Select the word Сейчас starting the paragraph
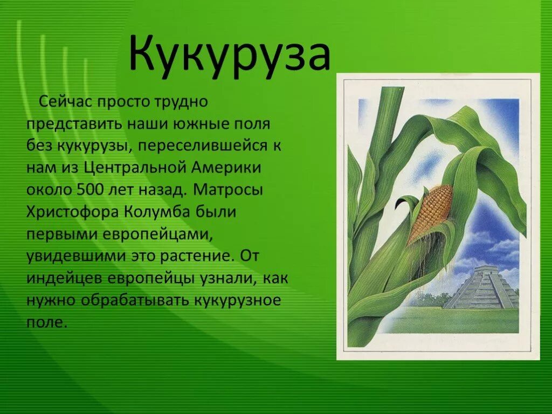tap(65, 102)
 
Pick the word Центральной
tap(135, 168)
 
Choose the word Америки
tap(227, 168)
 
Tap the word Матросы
tap(228, 190)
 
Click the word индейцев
tap(65, 279)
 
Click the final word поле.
tap(46, 323)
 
